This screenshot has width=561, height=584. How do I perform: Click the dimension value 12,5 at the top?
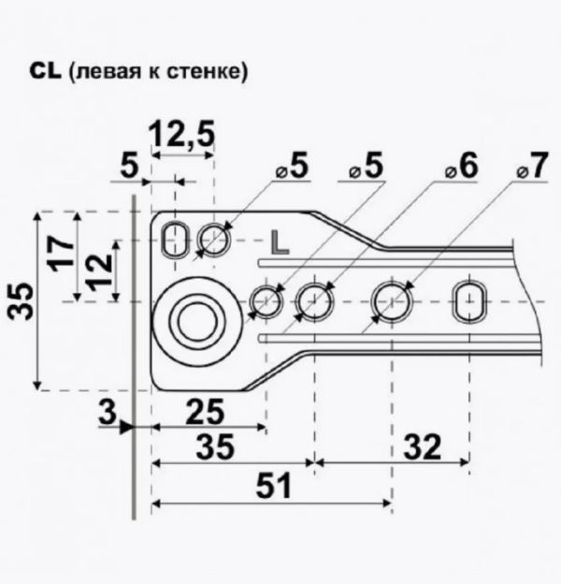pos(182,135)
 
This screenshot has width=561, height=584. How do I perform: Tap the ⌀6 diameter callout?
pos(462,166)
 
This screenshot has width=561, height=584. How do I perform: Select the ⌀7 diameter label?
pos(533,166)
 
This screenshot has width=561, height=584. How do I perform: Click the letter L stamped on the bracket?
pos(280,242)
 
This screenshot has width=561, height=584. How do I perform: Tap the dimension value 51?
pos(274,486)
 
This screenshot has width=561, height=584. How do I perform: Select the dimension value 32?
pos(423,445)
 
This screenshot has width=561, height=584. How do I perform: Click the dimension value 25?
pos(205,411)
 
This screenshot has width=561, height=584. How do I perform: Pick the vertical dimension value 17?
pos(61,254)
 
